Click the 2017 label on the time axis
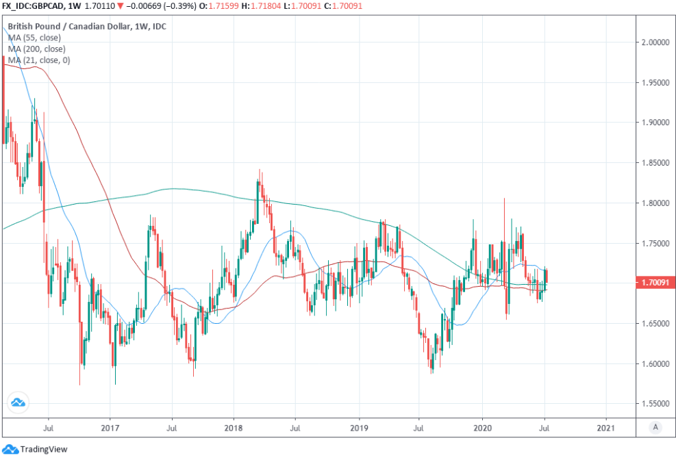point(110,429)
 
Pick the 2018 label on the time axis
point(234,429)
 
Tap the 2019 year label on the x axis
point(358,429)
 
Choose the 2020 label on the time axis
point(482,429)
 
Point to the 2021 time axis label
point(606,429)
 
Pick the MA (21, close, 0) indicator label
point(39,61)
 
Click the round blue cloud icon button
point(17,403)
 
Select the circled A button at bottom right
point(655,428)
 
